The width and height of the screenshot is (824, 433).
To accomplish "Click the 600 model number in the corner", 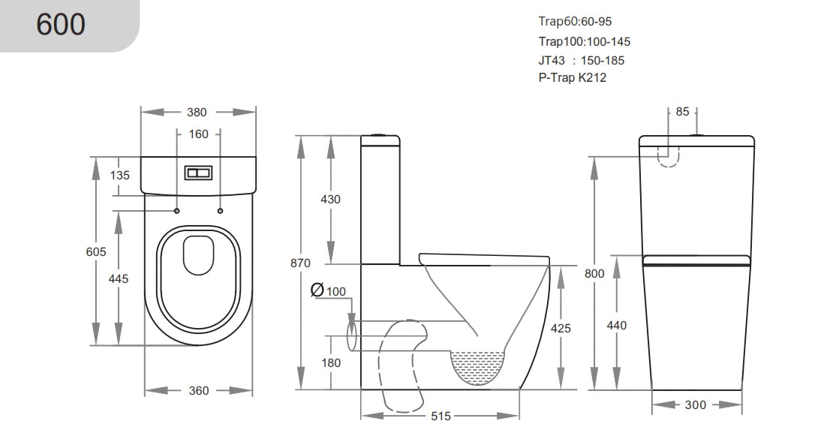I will [x=62, y=25].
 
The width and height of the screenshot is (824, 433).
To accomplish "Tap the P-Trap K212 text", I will [x=572, y=78].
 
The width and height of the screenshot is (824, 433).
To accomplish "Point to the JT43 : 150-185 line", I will [x=581, y=60].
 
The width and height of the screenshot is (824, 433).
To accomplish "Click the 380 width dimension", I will [x=197, y=113].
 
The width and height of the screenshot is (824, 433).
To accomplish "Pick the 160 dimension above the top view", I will [x=198, y=135].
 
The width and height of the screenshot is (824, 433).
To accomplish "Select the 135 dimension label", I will [x=119, y=176].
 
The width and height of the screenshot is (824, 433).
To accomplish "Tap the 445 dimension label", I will [x=119, y=278].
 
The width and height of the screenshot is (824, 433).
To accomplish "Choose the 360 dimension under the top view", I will [x=199, y=390].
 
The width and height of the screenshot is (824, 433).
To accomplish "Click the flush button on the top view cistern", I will [x=198, y=173].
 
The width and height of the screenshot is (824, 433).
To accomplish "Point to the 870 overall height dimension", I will [x=301, y=263].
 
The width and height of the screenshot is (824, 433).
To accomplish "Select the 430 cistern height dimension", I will [x=330, y=200].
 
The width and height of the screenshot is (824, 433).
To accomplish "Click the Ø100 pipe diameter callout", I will [x=327, y=290].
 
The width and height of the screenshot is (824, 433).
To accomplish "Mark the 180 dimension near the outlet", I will [x=330, y=363].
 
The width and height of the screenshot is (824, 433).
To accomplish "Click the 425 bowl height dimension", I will [x=561, y=328].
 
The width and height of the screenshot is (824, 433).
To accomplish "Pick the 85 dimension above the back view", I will [x=682, y=113].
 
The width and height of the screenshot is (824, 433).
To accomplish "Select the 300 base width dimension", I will [x=696, y=404].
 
